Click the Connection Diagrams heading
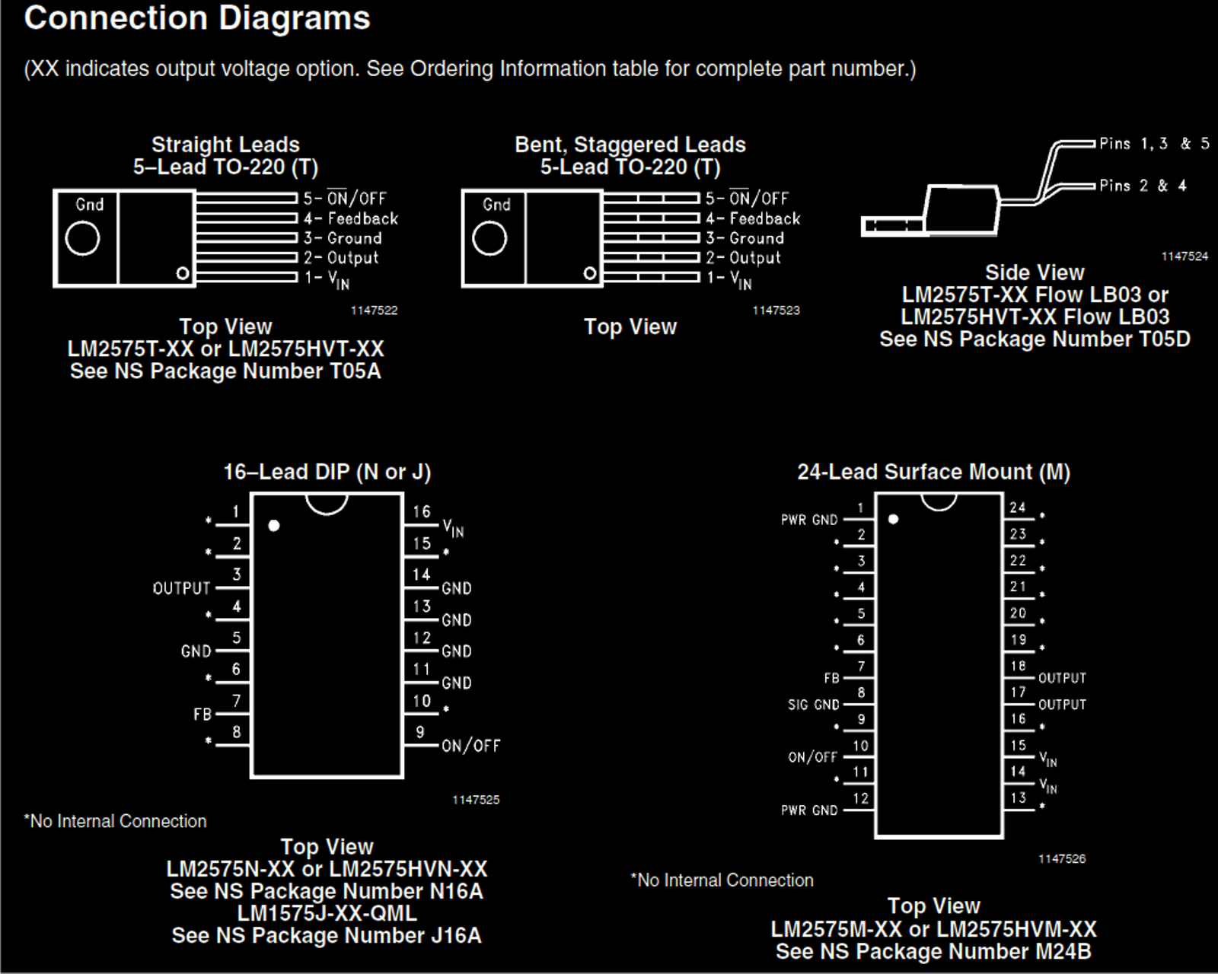196,18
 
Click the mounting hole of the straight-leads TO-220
82,239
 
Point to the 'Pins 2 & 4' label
1143,186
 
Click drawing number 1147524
1185,256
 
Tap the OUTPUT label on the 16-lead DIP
181,588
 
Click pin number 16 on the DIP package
422,512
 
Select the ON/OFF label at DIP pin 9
471,746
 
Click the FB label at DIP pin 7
202,715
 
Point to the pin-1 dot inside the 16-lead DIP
274,526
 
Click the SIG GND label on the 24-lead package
813,705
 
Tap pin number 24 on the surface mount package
1018,508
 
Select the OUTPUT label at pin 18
1062,678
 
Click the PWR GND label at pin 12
809,810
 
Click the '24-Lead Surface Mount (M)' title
933,472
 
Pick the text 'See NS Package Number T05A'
225,371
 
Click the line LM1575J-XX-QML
327,913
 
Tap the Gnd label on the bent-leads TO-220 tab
496,205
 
